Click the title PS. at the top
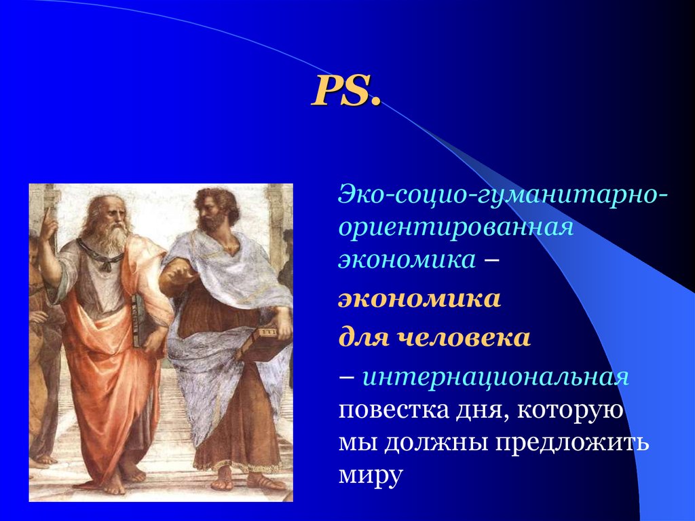(345, 91)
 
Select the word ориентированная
(455, 228)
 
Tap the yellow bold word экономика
(419, 299)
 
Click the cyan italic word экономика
(407, 259)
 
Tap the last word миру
(371, 475)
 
